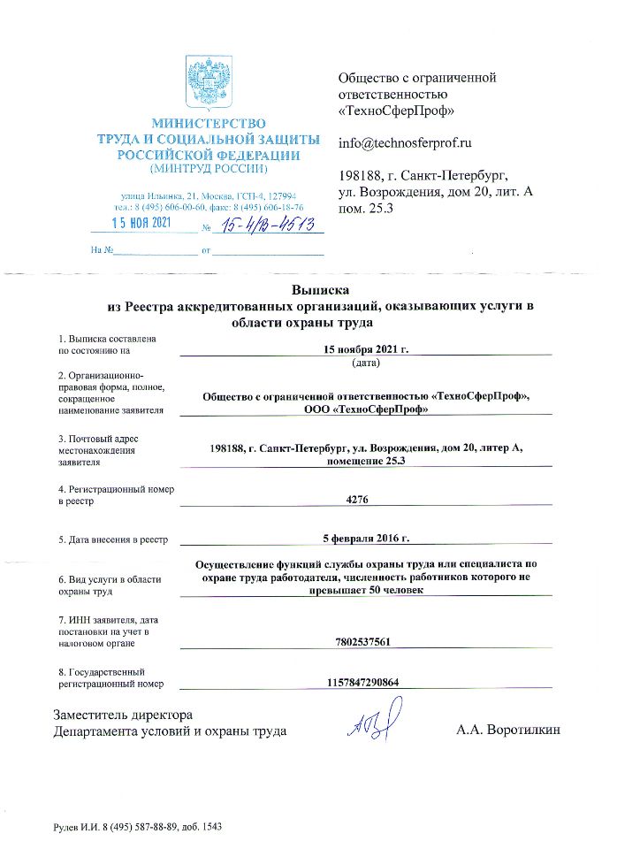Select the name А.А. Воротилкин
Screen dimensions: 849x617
click(508, 731)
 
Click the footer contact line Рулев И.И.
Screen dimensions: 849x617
click(137, 827)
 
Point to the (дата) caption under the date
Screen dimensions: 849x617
click(366, 363)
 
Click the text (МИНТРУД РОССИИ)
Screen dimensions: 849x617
click(208, 168)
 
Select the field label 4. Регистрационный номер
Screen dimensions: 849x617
click(116, 490)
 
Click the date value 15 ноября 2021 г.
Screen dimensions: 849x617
click(365, 349)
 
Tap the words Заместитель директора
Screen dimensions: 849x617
click(123, 715)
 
